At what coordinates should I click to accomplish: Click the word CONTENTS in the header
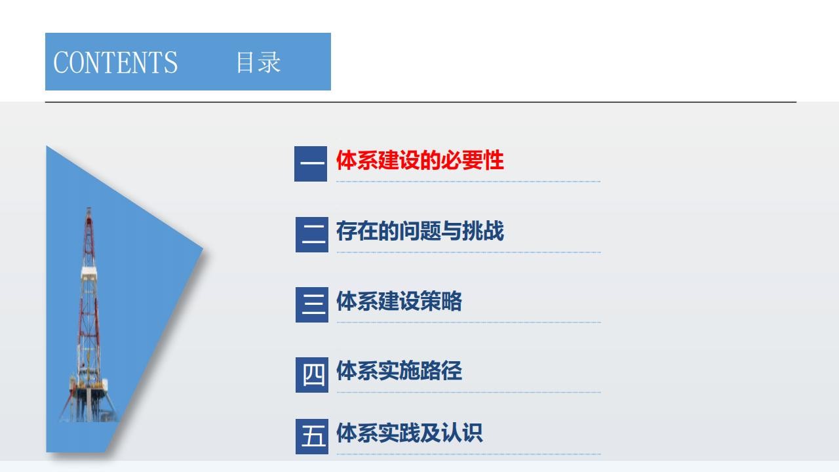point(115,62)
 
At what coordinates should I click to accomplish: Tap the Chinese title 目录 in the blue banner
point(258,62)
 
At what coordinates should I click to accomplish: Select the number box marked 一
point(311,164)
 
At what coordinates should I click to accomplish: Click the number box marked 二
point(311,235)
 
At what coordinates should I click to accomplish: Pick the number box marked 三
point(311,305)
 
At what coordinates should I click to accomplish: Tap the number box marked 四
point(311,374)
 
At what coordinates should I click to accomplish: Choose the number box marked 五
point(311,437)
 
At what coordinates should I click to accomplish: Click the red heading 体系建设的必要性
point(420,161)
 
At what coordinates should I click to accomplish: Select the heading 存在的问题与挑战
point(420,231)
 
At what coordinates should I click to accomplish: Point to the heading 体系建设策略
point(399,301)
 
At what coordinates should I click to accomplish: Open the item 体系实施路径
point(399,371)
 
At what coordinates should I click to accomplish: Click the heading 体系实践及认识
point(410,433)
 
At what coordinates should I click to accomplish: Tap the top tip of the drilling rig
point(88,208)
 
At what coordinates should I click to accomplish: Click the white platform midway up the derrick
point(88,272)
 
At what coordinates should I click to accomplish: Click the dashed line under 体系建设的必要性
point(468,182)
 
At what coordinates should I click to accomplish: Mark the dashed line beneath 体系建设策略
point(469,322)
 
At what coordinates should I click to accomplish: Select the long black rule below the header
point(421,102)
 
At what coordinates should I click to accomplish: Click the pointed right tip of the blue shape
point(203,248)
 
